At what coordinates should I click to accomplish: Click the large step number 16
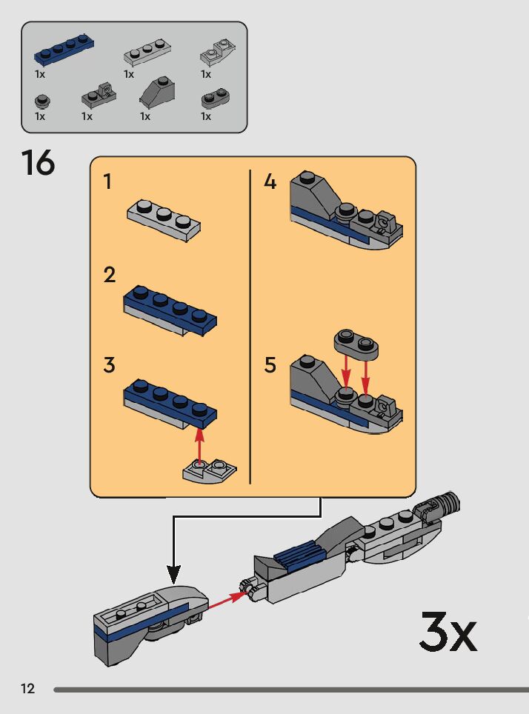(39, 164)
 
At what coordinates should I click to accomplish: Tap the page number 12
(27, 689)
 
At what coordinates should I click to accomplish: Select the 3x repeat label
(448, 632)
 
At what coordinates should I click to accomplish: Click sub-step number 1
(108, 181)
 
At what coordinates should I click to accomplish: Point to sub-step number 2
(110, 276)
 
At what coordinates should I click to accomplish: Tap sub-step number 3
(110, 365)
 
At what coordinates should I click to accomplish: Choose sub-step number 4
(270, 181)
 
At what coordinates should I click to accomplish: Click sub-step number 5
(270, 365)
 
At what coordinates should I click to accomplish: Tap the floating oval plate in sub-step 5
(356, 341)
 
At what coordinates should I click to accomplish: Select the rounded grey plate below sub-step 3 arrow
(210, 472)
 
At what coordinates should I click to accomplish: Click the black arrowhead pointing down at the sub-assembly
(173, 573)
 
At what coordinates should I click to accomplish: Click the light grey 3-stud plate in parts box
(147, 53)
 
